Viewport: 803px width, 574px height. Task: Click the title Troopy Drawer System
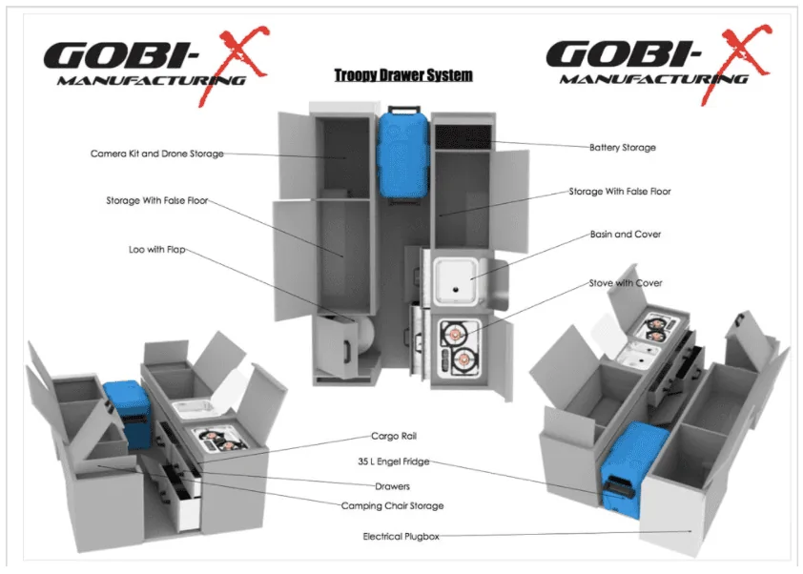click(x=403, y=75)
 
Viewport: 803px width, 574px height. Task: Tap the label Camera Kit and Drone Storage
click(x=157, y=154)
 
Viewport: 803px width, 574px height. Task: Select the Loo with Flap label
click(x=156, y=250)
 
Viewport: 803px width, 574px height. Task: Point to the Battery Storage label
click(x=622, y=148)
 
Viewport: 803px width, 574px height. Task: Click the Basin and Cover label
click(x=626, y=234)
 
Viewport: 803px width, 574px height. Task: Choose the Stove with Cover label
click(x=626, y=282)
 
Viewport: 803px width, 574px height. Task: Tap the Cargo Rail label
click(x=394, y=436)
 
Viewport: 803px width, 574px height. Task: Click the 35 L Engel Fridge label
click(x=393, y=461)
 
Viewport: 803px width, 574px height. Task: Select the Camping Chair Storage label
click(x=392, y=505)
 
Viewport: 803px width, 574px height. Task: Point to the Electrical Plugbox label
click(x=401, y=536)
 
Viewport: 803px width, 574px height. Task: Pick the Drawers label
click(x=392, y=486)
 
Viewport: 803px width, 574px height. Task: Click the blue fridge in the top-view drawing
click(x=402, y=154)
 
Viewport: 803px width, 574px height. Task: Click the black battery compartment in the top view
click(x=463, y=135)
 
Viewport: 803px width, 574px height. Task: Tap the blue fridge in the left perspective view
click(x=128, y=415)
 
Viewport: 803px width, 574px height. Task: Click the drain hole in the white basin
click(x=455, y=290)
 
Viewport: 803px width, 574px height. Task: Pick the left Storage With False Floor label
click(x=157, y=201)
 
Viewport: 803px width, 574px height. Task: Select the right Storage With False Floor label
click(x=620, y=192)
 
